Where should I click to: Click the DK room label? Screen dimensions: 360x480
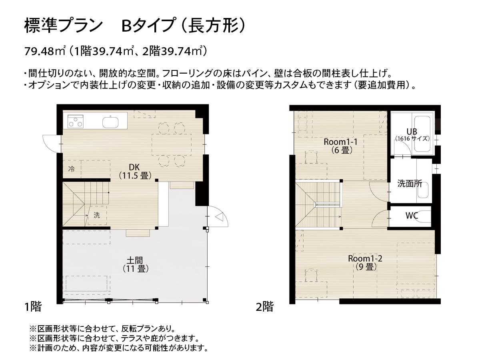(134, 167)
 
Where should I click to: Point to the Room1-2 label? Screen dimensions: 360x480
(365, 258)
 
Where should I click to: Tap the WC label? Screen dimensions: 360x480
(412, 216)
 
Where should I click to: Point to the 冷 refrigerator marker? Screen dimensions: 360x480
(71, 169)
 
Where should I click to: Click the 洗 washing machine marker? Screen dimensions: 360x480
(96, 215)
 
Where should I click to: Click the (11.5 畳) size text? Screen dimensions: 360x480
(134, 175)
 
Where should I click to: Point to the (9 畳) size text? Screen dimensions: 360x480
(365, 266)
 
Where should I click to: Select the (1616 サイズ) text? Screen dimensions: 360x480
(412, 139)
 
